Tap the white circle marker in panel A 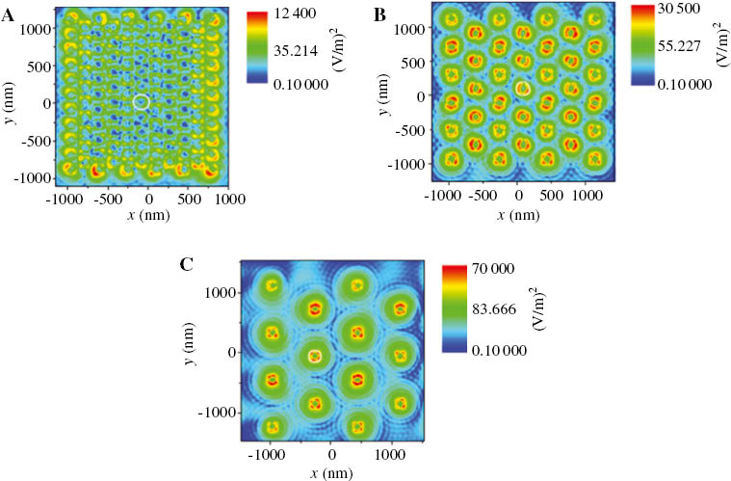coord(142,101)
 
